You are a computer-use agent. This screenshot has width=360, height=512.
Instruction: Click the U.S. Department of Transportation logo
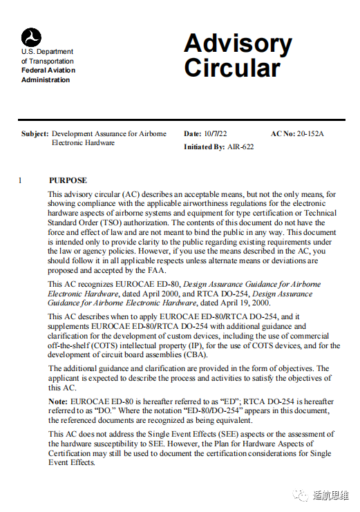[31, 37]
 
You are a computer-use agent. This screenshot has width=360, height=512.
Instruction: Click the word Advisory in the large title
[238, 44]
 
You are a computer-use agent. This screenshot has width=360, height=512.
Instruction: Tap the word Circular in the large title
[232, 68]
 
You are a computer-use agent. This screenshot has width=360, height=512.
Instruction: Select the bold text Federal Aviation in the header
[48, 70]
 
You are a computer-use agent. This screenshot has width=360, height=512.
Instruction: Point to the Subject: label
[35, 134]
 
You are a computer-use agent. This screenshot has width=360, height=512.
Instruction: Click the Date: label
[192, 134]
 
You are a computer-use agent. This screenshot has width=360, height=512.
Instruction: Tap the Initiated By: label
[204, 147]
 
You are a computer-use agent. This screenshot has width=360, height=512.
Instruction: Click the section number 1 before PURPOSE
[21, 180]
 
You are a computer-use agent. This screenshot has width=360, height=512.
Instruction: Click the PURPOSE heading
[68, 180]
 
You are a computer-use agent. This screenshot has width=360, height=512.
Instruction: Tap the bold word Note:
[58, 401]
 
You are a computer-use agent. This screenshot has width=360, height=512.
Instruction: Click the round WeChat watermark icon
[300, 495]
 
